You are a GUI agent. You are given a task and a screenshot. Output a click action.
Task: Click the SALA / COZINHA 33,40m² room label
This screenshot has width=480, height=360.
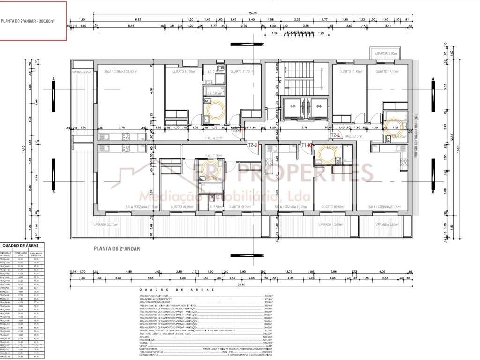click(120, 72)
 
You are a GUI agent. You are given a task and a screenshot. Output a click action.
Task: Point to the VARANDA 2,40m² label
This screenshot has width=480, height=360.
click(385, 53)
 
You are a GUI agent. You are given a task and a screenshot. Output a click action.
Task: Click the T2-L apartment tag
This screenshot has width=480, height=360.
click(336, 135)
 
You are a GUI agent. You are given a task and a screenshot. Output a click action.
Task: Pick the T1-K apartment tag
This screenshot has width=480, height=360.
click(307, 146)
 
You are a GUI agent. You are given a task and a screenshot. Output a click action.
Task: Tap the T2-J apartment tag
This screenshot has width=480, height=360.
click(253, 146)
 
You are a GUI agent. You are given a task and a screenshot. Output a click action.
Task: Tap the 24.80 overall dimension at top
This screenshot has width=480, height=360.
click(240, 13)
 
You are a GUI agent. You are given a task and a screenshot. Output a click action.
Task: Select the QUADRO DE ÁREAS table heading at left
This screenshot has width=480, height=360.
click(22, 245)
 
